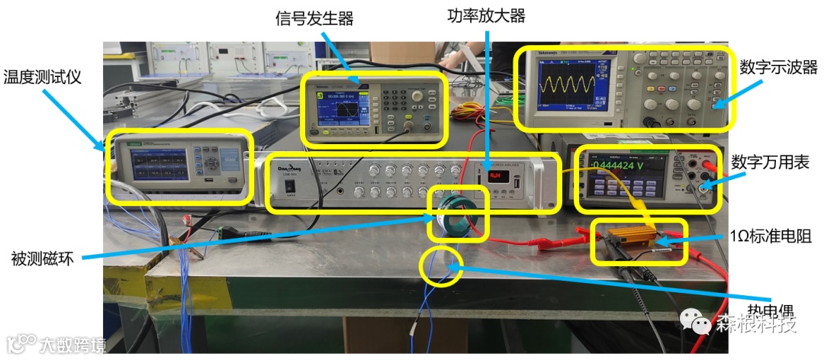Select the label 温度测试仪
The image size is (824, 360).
(42, 76)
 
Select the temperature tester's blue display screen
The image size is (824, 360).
(158, 166)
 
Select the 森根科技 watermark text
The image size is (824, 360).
(755, 324)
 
